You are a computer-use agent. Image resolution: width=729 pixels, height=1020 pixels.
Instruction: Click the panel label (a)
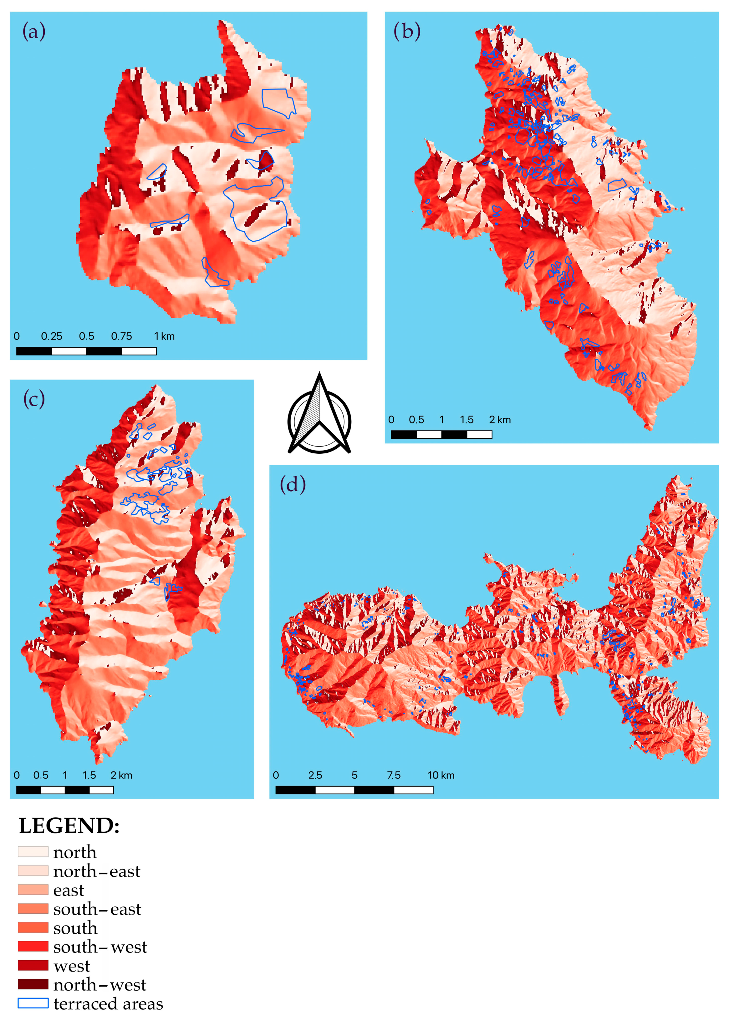34,32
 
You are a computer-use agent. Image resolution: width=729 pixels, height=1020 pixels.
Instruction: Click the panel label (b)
407,32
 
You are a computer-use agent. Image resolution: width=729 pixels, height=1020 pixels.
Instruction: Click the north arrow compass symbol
319,415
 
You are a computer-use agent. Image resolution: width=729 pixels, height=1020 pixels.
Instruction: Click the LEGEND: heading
69,826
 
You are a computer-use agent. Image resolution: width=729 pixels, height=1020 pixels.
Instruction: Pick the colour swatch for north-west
33,984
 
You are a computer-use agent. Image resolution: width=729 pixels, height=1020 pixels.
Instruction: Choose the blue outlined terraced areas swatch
33,1003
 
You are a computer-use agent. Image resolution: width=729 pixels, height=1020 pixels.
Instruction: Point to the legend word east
69,890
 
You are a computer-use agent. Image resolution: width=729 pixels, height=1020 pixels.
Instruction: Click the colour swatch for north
33,852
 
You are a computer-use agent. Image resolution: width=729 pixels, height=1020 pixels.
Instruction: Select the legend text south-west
100,947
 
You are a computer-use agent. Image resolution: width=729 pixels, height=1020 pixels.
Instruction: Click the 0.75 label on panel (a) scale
121,336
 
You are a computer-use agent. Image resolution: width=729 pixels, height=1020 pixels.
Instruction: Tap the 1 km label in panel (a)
164,336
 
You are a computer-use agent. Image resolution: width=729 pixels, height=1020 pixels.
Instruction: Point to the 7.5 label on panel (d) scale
394,775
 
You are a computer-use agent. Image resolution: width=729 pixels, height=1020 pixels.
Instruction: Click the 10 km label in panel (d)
441,775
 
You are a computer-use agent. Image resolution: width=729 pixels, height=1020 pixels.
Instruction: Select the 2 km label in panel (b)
500,420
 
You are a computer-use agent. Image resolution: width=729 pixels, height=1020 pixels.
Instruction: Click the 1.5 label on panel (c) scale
89,775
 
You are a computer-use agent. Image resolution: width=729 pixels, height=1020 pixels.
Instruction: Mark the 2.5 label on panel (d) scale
315,775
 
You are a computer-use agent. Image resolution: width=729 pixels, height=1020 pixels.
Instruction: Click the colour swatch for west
33,965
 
